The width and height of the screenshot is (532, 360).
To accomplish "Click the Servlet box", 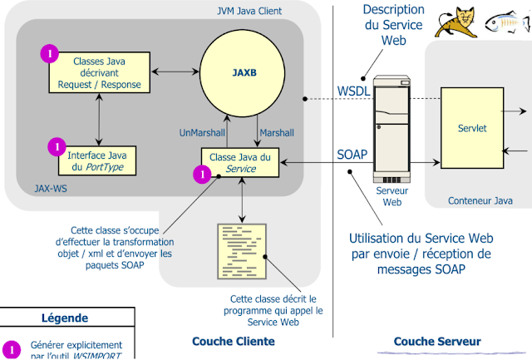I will (x=471, y=129).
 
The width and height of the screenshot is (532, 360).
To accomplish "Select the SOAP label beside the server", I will (x=352, y=155).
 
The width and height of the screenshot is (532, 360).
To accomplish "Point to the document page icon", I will (x=239, y=250).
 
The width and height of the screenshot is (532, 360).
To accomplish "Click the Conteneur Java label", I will (x=480, y=200).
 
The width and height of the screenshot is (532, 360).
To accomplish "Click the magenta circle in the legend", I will (x=11, y=348).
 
